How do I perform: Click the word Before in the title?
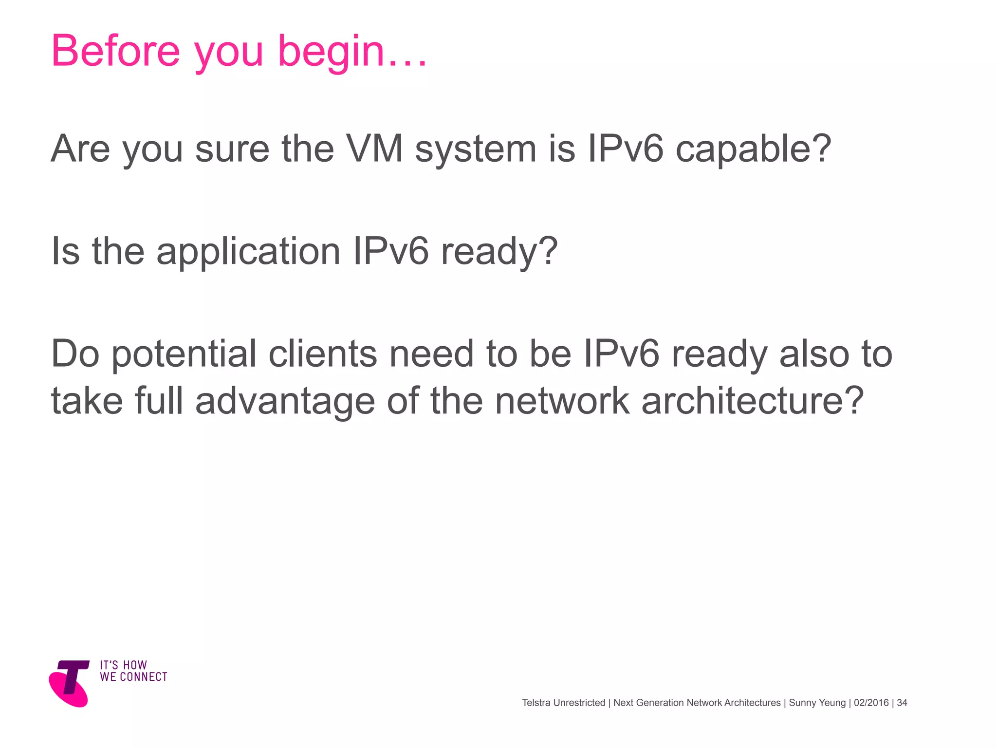coord(115,51)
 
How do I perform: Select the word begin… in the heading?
coord(352,53)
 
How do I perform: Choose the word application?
coord(248,252)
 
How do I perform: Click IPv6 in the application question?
coord(391,251)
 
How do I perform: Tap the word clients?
coord(323,354)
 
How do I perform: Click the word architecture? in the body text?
coord(752,401)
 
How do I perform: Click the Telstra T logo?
coord(70,683)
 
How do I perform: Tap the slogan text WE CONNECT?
coord(133,677)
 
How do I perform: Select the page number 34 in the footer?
coord(902,703)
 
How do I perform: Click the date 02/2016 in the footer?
coord(871,703)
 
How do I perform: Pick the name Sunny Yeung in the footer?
coord(817,703)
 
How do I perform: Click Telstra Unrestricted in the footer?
coord(563,703)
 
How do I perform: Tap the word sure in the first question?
coord(232,149)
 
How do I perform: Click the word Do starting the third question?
coord(75,354)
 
